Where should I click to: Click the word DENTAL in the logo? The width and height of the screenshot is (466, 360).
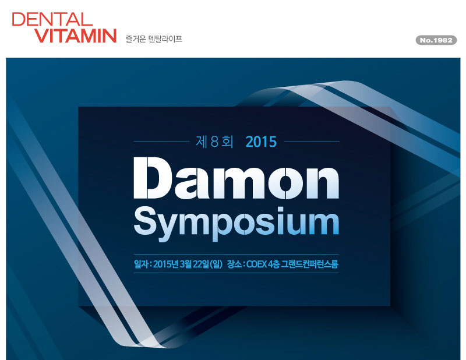pyautogui.click(x=52, y=19)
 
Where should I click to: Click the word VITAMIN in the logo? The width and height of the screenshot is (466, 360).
pyautogui.click(x=76, y=36)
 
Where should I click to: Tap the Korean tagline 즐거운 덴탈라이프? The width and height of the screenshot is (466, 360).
pyautogui.click(x=154, y=39)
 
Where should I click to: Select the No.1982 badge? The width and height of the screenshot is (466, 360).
pyautogui.click(x=436, y=40)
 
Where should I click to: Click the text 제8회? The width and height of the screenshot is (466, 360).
pyautogui.click(x=214, y=142)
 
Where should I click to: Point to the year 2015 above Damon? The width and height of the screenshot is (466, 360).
pyautogui.click(x=261, y=142)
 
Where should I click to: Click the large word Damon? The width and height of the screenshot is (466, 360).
pyautogui.click(x=236, y=178)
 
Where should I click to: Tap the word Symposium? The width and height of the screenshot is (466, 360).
pyautogui.click(x=236, y=223)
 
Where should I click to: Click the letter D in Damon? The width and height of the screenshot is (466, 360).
pyautogui.click(x=153, y=178)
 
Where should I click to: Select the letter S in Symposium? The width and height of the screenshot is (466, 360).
pyautogui.click(x=146, y=220)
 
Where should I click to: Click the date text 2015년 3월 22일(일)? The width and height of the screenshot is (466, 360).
pyautogui.click(x=188, y=264)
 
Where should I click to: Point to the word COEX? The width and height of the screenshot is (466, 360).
pyautogui.click(x=256, y=264)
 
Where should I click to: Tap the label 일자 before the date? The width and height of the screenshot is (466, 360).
pyautogui.click(x=141, y=264)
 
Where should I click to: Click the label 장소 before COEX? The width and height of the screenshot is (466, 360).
pyautogui.click(x=234, y=264)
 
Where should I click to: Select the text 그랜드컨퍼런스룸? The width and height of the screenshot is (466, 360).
pyautogui.click(x=310, y=264)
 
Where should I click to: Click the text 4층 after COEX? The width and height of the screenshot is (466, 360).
pyautogui.click(x=274, y=264)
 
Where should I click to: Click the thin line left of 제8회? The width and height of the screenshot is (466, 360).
pyautogui.click(x=161, y=141)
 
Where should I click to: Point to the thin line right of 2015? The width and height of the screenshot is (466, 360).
pyautogui.click(x=312, y=141)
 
